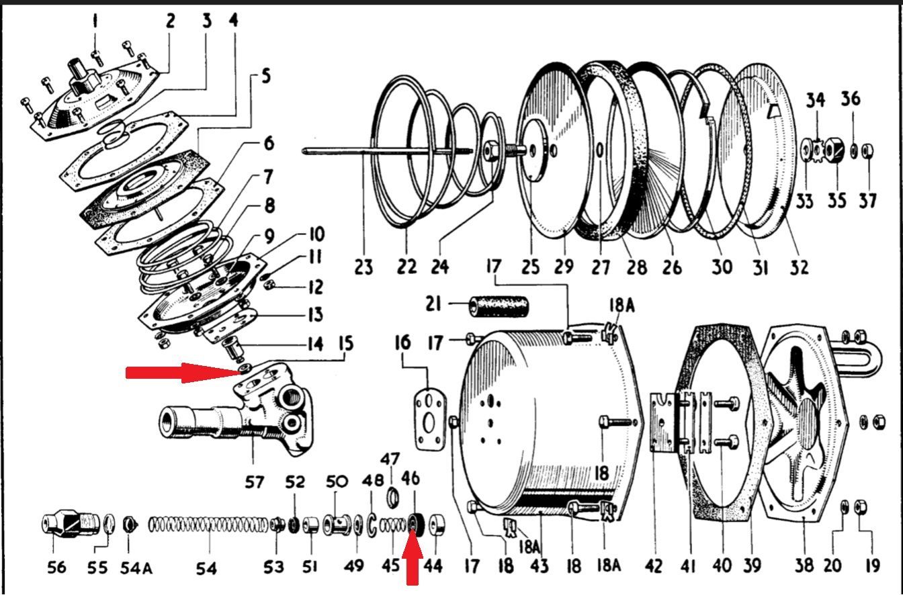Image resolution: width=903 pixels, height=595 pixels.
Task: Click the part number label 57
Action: click(255, 482)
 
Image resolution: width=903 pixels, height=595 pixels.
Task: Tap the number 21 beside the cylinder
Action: click(433, 304)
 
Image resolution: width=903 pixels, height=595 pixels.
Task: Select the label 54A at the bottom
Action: click(136, 568)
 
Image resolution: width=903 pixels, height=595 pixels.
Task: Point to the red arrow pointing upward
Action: click(412, 557)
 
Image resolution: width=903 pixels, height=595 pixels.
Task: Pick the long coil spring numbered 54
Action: click(208, 525)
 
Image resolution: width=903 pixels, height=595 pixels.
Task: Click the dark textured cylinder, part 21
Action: click(499, 306)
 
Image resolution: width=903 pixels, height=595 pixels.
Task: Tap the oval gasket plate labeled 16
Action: click(430, 419)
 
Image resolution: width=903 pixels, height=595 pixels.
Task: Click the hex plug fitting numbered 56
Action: click(71, 524)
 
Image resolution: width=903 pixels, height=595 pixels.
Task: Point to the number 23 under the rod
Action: click(363, 267)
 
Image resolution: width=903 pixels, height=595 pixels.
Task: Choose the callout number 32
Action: click(799, 267)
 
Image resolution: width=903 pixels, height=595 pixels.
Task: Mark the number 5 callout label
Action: click(266, 76)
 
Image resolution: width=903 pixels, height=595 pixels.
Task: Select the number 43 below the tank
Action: click(540, 565)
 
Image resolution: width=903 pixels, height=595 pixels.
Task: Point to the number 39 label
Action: click(753, 565)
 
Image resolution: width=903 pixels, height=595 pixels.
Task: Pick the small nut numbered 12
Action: click(269, 285)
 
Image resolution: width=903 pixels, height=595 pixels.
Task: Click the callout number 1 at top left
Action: click(95, 20)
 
